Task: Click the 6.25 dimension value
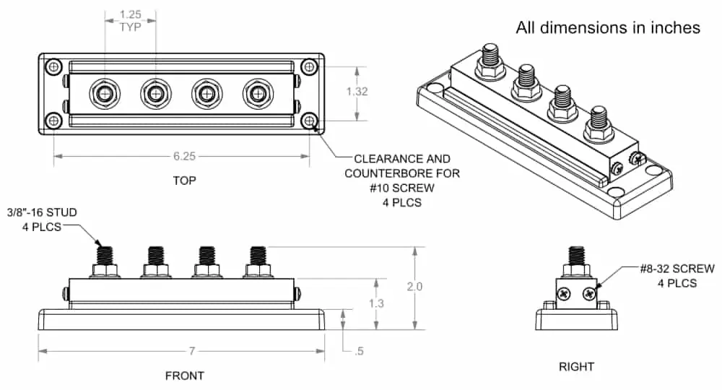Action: pyautogui.click(x=184, y=155)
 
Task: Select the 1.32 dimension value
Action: pyautogui.click(x=357, y=92)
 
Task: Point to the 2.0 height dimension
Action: pyautogui.click(x=414, y=287)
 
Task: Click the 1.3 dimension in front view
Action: pyautogui.click(x=376, y=303)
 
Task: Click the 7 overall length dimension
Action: pyautogui.click(x=192, y=352)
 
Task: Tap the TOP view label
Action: pyautogui.click(x=184, y=181)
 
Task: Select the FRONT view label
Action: pyautogui.click(x=184, y=376)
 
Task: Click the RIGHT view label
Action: pyautogui.click(x=576, y=367)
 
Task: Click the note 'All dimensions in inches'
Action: pyautogui.click(x=607, y=27)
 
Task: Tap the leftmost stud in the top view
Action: pyautogui.click(x=105, y=93)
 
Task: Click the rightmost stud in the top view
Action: pyautogui.click(x=256, y=93)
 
